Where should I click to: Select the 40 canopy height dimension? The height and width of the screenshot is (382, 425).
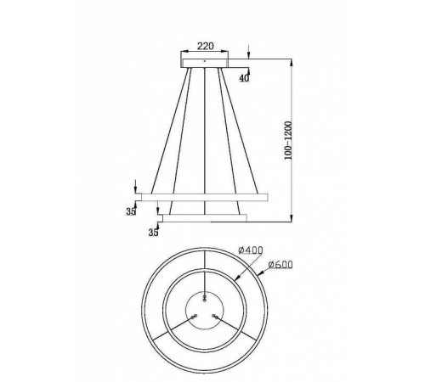[244, 79]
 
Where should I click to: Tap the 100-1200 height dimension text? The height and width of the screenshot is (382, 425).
[291, 140]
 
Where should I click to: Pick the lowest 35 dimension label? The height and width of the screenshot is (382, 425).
[154, 230]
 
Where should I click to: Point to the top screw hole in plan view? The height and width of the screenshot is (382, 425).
[206, 296]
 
